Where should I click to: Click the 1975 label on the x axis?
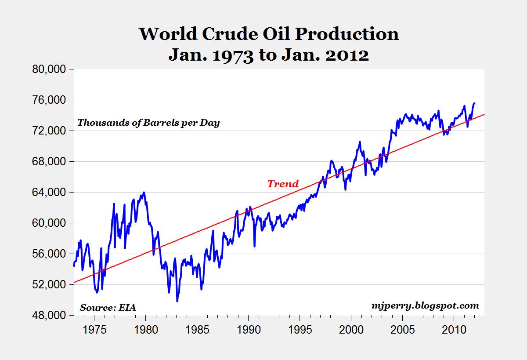pyautogui.click(x=94, y=329)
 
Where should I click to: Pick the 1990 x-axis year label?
pyautogui.click(x=249, y=329)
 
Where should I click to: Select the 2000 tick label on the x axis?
pyautogui.click(x=352, y=329)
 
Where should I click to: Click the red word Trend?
pyautogui.click(x=283, y=184)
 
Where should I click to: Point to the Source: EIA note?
pyautogui.click(x=108, y=307)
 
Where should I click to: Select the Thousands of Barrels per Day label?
pyautogui.click(x=148, y=123)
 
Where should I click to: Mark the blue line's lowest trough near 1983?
pyautogui.click(x=177, y=301)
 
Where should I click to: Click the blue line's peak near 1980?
pyautogui.click(x=144, y=193)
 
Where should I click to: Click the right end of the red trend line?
pyautogui.click(x=484, y=115)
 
